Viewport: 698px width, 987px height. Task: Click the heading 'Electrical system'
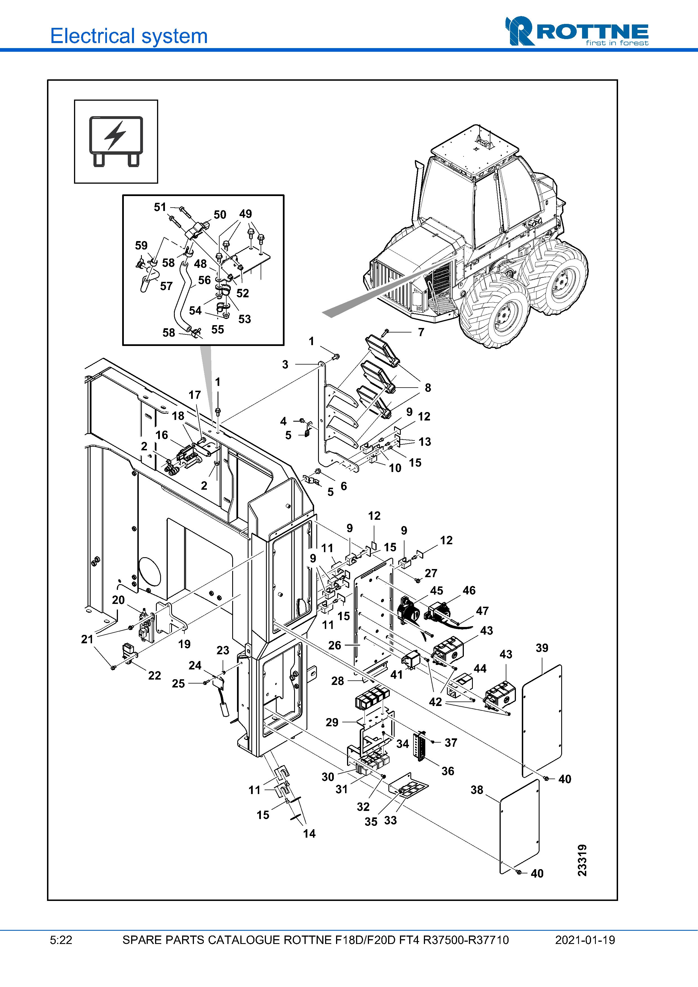(x=129, y=36)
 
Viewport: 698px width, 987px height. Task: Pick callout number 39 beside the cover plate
(x=542, y=648)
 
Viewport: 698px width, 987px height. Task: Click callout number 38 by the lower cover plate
(x=476, y=790)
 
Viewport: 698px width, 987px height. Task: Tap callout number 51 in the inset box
(x=160, y=207)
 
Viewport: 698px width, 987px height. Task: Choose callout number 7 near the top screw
(x=421, y=332)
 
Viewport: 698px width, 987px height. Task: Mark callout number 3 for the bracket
(x=285, y=365)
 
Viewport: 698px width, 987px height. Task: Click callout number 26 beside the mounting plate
(x=335, y=645)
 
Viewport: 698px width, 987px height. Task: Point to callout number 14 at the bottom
(x=309, y=833)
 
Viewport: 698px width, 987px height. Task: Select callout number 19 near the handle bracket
(x=185, y=644)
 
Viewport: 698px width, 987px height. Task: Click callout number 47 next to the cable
(x=482, y=611)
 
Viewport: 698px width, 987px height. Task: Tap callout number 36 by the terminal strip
(x=448, y=771)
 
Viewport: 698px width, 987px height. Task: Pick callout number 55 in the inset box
(x=218, y=330)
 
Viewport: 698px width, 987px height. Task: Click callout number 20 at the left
(x=118, y=600)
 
